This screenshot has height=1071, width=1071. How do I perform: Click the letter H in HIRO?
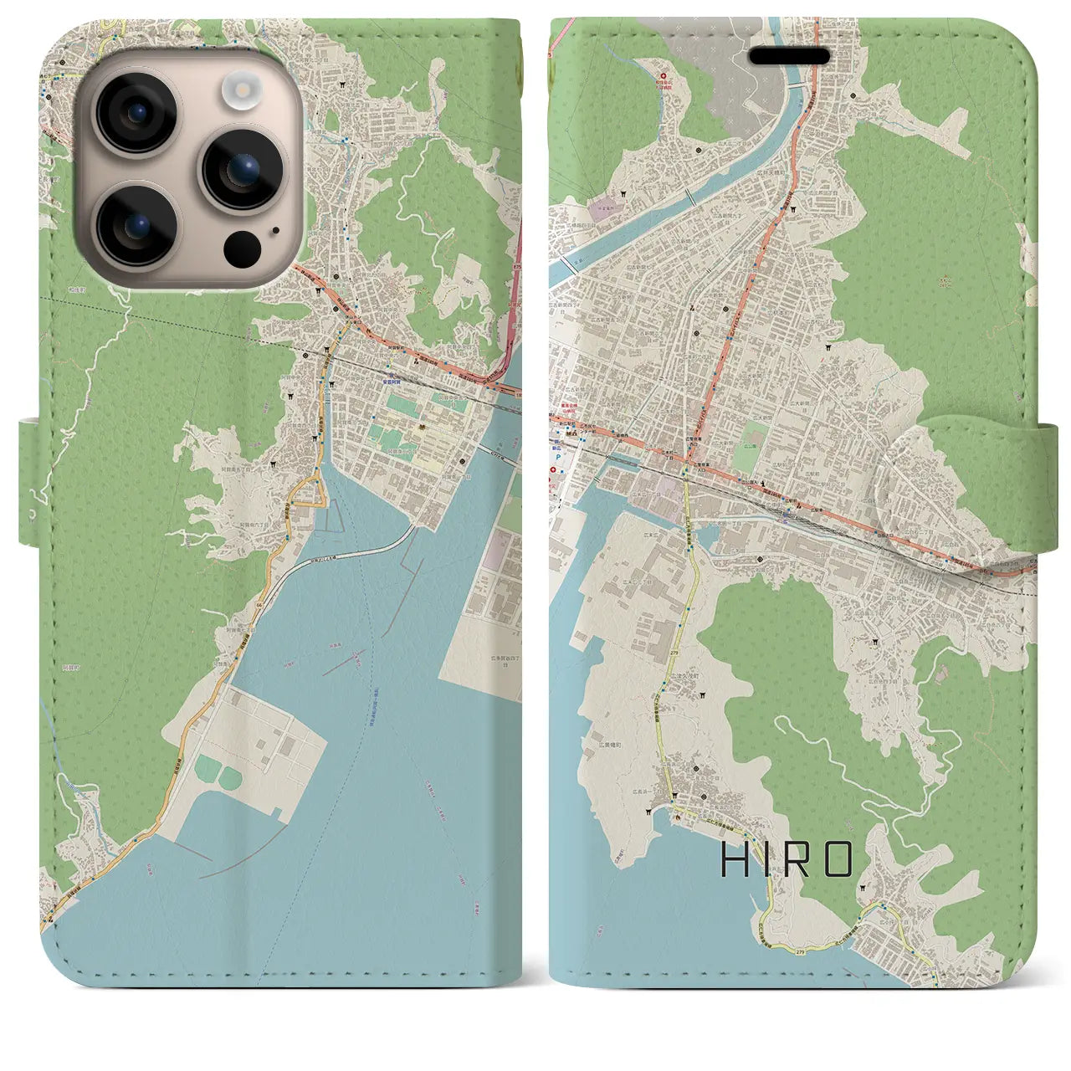tap(735, 859)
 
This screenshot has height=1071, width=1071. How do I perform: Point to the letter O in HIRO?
tap(838, 859)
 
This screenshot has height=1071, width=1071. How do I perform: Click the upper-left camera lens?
tap(135, 113)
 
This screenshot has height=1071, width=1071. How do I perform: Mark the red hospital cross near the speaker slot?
tap(664, 76)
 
